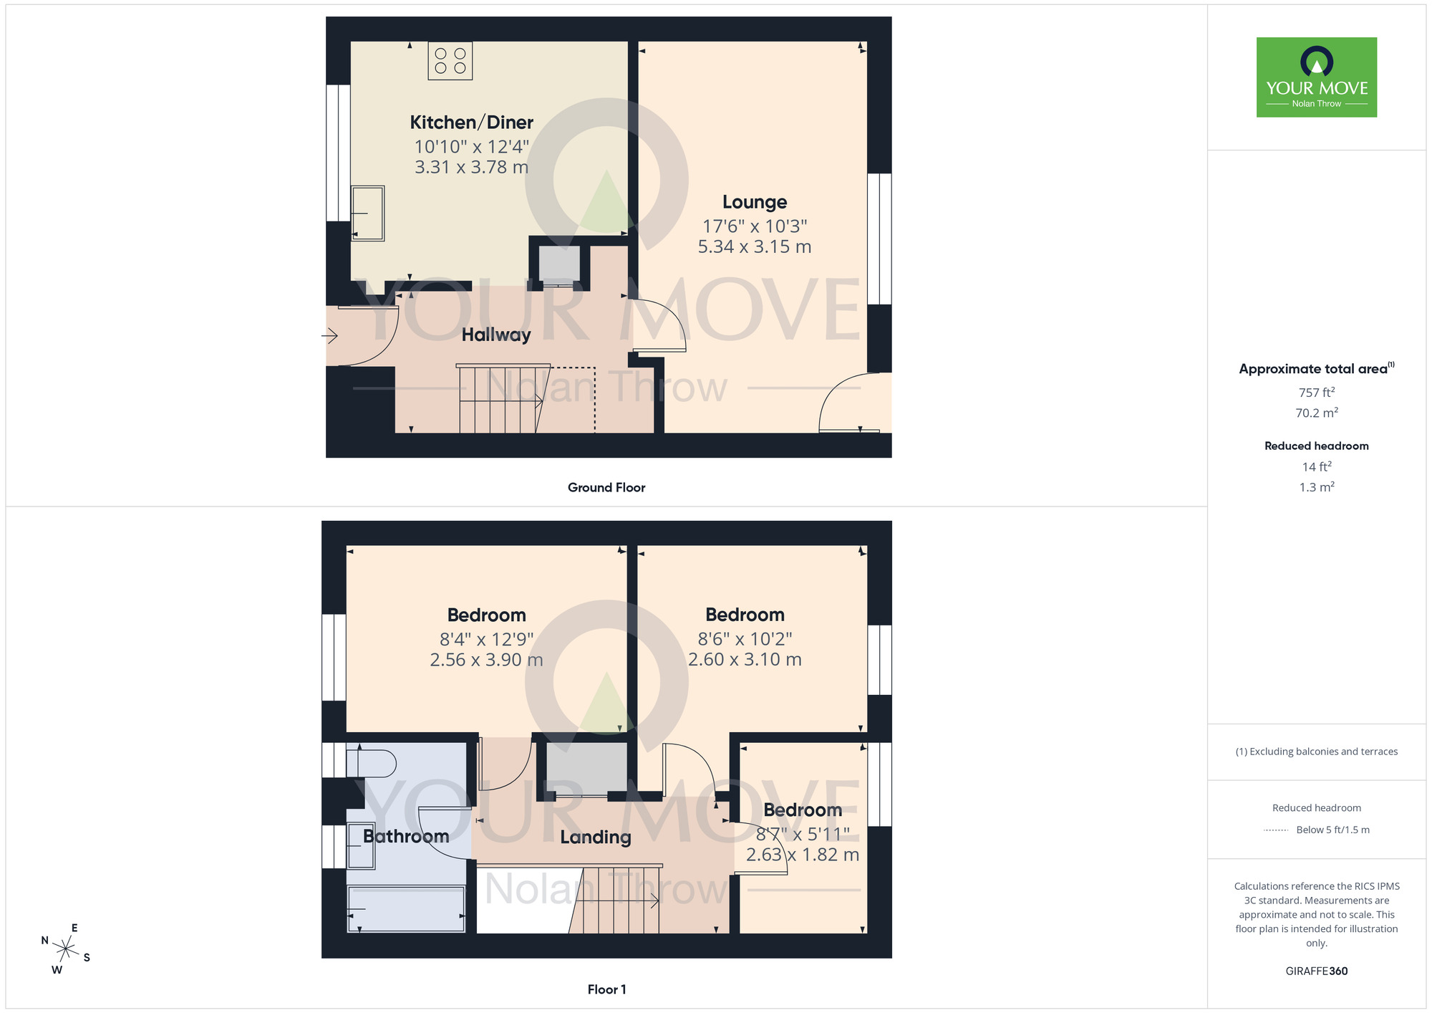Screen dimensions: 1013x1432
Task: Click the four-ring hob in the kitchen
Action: click(450, 61)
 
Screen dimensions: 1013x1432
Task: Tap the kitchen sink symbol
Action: click(367, 213)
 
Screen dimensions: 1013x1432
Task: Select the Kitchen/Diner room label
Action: click(471, 123)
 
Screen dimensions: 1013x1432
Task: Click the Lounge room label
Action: click(754, 202)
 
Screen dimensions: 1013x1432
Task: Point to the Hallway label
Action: click(495, 335)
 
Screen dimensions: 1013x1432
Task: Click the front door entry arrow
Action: click(329, 335)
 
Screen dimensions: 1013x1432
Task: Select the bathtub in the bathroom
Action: click(406, 909)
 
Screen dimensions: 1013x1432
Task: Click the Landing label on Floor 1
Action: click(595, 837)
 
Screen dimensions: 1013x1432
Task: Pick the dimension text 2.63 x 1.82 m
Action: click(802, 855)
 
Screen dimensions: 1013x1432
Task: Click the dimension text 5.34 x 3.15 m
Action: click(754, 246)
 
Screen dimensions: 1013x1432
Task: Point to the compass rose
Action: click(65, 950)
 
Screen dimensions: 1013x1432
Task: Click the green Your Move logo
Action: click(1316, 77)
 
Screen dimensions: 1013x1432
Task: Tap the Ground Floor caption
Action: click(606, 487)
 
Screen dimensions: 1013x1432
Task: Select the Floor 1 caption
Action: click(606, 989)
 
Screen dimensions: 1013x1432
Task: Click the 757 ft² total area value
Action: click(1316, 393)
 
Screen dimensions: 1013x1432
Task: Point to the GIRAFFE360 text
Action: click(1316, 971)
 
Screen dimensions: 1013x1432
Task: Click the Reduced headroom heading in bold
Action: click(1316, 446)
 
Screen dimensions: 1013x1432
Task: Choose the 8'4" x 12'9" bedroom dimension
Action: click(486, 639)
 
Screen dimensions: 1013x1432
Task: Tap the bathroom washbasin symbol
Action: click(361, 846)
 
